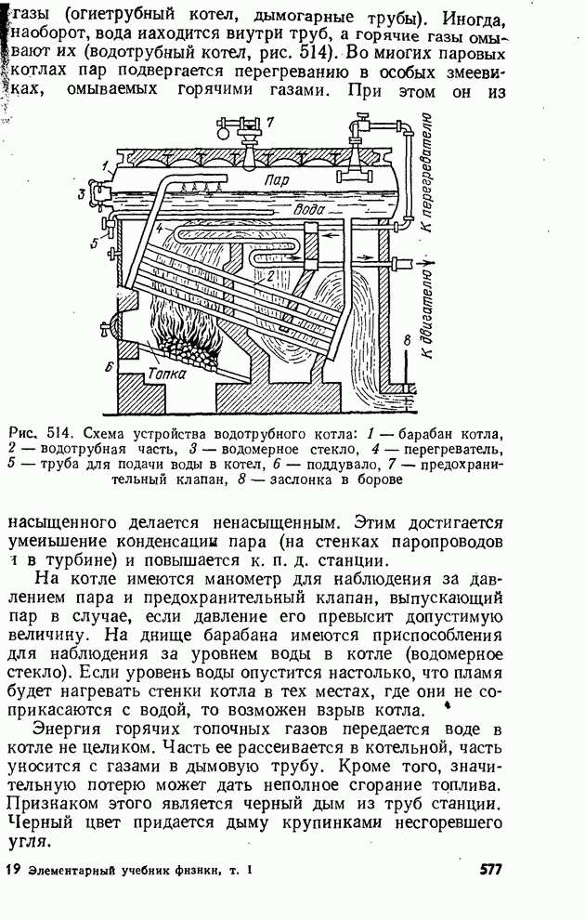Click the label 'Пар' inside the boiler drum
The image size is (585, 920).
(277, 179)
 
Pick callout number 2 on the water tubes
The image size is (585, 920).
(270, 276)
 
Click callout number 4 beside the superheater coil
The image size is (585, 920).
(160, 228)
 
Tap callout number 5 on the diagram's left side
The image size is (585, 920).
(95, 243)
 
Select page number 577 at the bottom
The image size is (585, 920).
(491, 870)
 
